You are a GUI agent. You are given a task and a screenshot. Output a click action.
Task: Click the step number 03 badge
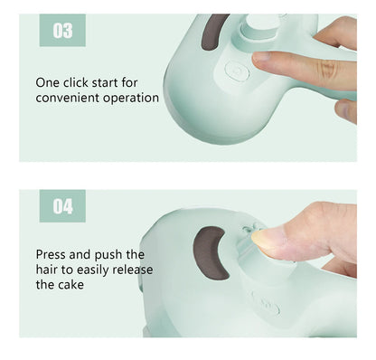(x=62, y=32)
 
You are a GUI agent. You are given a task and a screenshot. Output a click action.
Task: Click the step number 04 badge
(x=62, y=206)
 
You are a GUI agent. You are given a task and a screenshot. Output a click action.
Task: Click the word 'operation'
(x=131, y=98)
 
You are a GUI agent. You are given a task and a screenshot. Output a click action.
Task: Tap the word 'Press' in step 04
(x=53, y=254)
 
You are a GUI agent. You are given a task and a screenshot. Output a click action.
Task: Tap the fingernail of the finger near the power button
(x=262, y=57)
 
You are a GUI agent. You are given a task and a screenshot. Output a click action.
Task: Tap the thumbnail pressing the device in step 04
(x=267, y=238)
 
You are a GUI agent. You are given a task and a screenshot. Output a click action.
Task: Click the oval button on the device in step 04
(x=266, y=308)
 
